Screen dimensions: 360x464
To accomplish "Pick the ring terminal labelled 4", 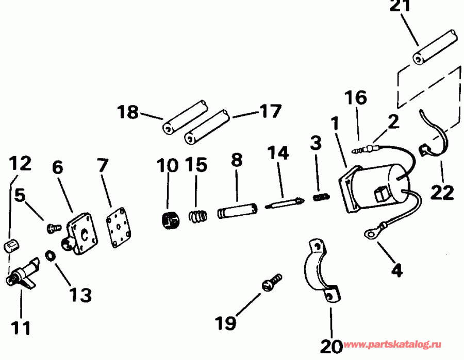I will [370, 235].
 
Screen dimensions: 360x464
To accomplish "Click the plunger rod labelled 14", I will [284, 203].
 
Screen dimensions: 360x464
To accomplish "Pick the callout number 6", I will [58, 167].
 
